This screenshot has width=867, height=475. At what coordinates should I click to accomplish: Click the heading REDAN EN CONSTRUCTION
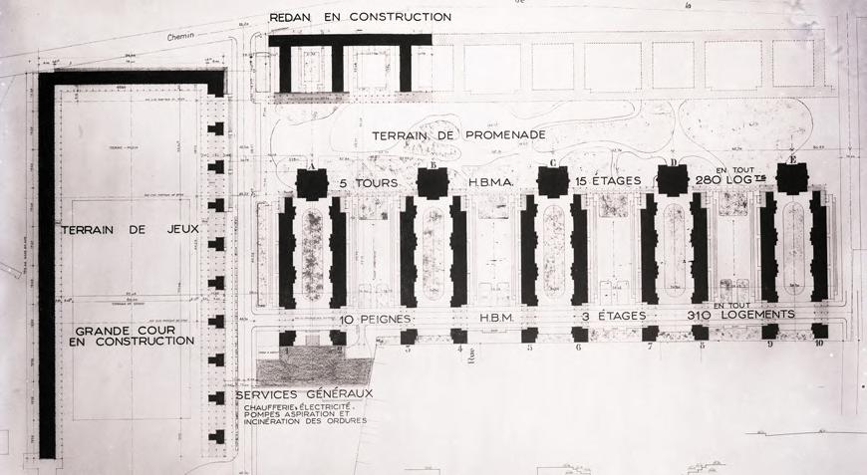(x=360, y=17)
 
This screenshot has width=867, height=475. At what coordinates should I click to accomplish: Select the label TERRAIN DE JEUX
(x=130, y=229)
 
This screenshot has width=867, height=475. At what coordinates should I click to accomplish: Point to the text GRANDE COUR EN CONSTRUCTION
(x=132, y=335)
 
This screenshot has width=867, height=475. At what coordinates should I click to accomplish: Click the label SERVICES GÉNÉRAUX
(x=304, y=393)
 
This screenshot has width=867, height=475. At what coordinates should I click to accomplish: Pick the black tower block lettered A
(x=312, y=183)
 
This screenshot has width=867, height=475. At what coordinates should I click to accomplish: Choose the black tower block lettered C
(x=553, y=181)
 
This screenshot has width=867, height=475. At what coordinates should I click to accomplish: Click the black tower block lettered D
(x=674, y=180)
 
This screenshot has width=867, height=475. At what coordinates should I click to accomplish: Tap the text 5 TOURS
(x=368, y=183)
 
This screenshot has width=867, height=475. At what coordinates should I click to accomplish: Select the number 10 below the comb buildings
(x=819, y=345)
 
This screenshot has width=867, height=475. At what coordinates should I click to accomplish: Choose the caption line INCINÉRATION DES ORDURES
(x=301, y=421)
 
